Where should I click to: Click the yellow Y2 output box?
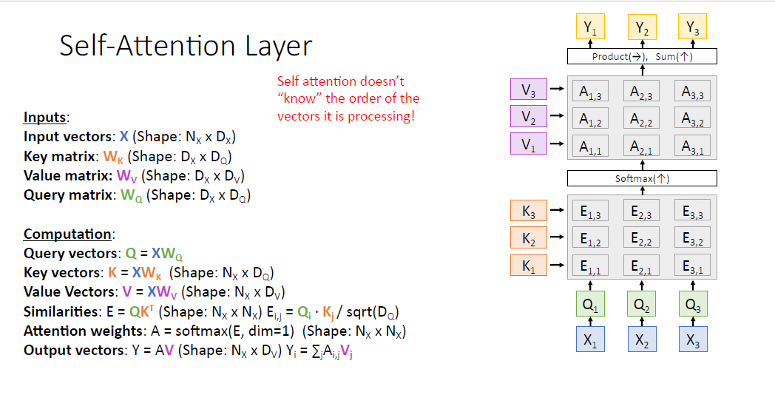point(641,28)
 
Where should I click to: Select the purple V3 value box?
point(528,89)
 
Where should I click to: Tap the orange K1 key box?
point(528,266)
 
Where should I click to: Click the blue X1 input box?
point(590,340)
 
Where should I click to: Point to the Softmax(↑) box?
point(642,178)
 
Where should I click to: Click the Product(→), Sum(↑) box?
point(642,56)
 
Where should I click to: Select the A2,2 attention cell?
point(641,118)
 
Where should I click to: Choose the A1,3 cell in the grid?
point(590,92)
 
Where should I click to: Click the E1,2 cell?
point(590,239)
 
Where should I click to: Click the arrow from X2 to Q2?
point(641,322)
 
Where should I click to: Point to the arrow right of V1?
point(557,144)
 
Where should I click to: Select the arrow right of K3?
point(557,211)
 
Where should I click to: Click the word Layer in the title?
point(274,46)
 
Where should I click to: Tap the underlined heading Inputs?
point(45,117)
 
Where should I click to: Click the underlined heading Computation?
point(68,234)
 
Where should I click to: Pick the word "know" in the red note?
point(301,98)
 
